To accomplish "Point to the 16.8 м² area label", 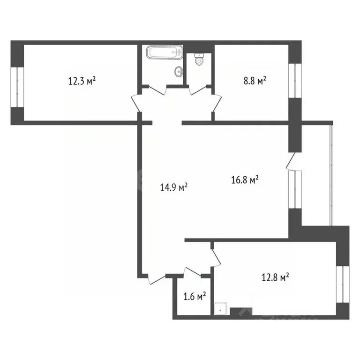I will click(245, 180).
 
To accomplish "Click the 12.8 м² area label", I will click(274, 278).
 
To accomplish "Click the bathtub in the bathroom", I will click(164, 52).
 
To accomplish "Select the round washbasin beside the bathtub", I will click(178, 72).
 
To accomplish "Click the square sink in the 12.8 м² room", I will click(220, 308).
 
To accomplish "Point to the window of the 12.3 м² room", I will click(16, 87).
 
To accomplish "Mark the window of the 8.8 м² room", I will click(295, 80).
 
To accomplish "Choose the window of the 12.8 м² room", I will click(344, 285).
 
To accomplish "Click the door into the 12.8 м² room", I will click(217, 256).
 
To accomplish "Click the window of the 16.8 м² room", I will click(296, 188).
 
